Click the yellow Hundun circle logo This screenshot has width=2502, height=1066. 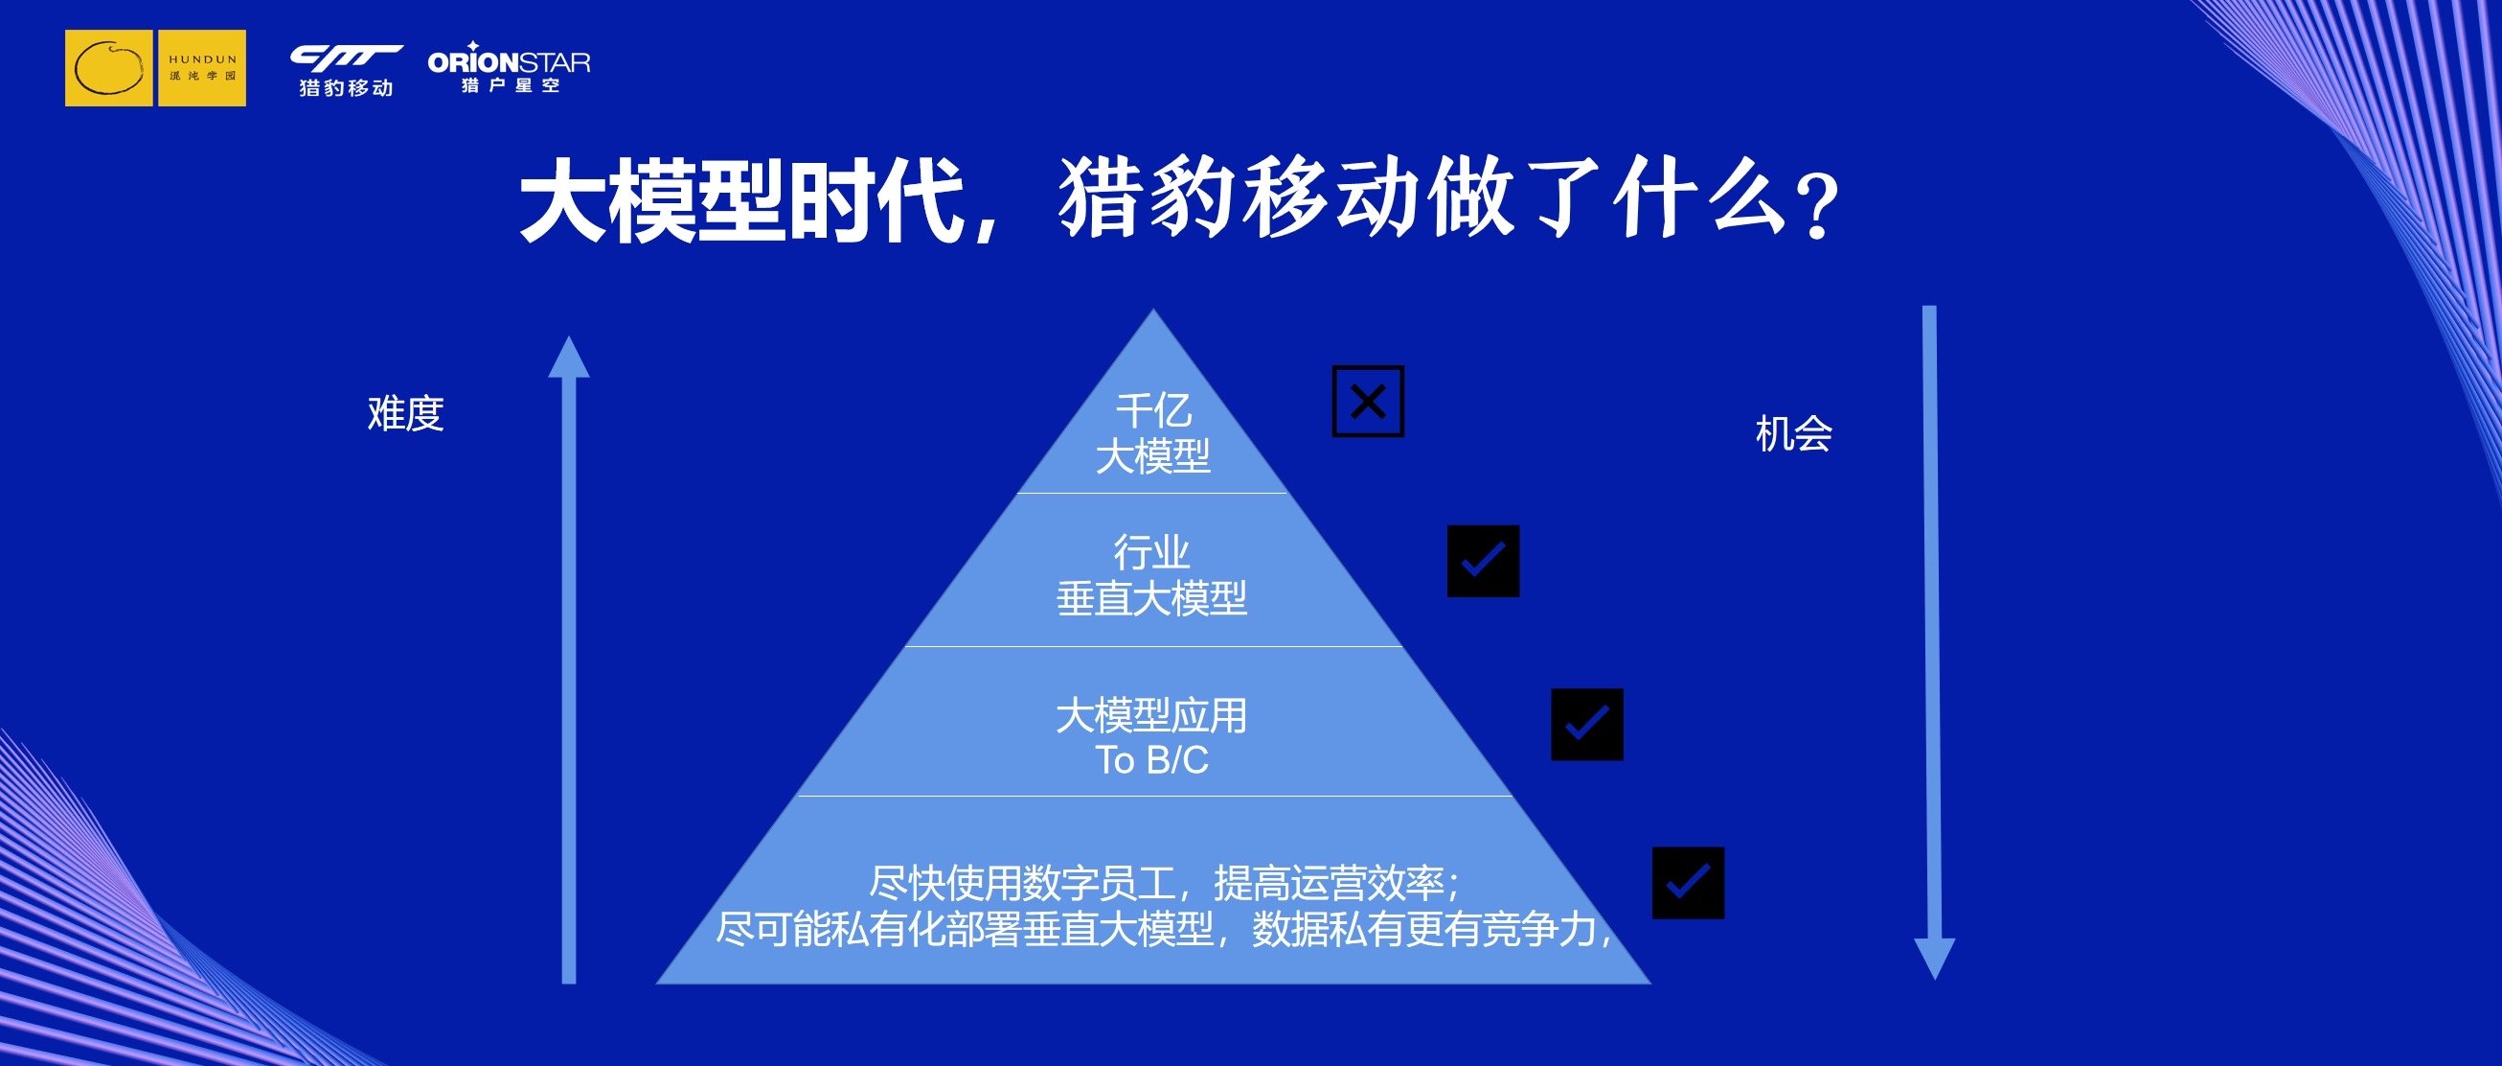(x=108, y=68)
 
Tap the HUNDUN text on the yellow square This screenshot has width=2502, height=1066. (x=203, y=59)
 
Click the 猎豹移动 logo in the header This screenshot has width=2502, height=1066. (x=346, y=70)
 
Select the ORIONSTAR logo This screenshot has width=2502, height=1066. (x=509, y=67)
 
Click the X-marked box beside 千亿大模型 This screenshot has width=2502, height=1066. (x=1368, y=402)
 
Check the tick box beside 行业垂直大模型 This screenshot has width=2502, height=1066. (x=1483, y=561)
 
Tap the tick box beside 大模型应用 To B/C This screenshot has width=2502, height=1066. (x=1587, y=724)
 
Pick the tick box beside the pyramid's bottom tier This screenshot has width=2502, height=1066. (x=1688, y=882)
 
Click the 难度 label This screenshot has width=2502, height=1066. (x=406, y=413)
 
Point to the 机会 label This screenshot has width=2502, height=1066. (x=1794, y=433)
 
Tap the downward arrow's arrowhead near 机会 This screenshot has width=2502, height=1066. (x=1934, y=959)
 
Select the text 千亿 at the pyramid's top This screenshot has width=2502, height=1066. (x=1153, y=410)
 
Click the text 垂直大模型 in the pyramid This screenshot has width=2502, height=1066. (x=1152, y=597)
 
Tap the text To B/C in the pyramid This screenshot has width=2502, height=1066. (x=1152, y=760)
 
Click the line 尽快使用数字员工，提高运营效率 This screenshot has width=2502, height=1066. (x=1164, y=883)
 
